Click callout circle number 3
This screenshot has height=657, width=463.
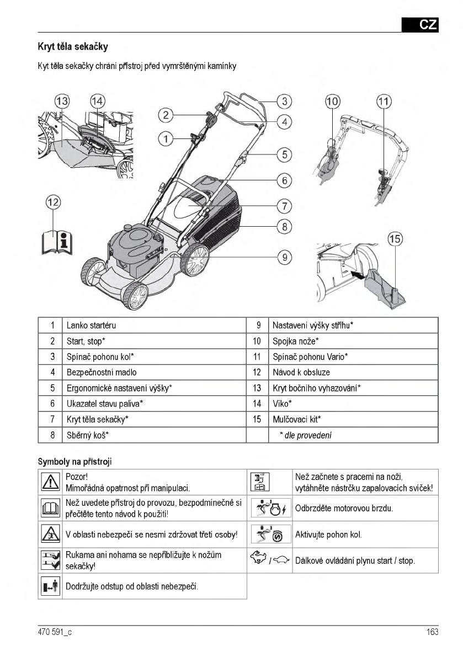click(x=284, y=101)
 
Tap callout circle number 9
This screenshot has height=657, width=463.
click(x=284, y=257)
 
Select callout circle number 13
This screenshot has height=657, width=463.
click(x=62, y=102)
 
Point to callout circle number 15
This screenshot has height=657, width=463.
click(x=395, y=239)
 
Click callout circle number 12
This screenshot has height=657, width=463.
click(x=53, y=202)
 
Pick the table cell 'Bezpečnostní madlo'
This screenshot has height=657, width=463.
click(x=102, y=372)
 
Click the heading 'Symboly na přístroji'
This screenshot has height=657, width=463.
click(x=74, y=461)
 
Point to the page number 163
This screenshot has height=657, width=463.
click(x=432, y=632)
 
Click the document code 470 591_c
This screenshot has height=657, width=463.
click(x=55, y=632)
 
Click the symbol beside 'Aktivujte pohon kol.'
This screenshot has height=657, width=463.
click(x=270, y=534)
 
